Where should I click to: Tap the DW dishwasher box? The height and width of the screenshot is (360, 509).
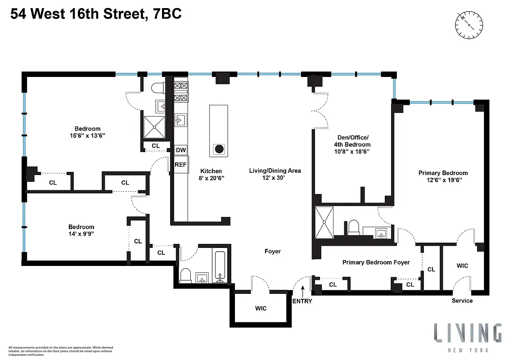pos(180,150)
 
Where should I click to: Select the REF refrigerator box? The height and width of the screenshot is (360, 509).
pos(180,164)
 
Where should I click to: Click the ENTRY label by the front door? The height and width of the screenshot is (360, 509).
pos(302,301)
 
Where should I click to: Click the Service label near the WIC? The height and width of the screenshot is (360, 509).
pos(462,301)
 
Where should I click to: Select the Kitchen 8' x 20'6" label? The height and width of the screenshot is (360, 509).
pos(211,175)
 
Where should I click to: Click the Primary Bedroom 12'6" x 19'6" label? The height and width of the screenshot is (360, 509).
pos(443,176)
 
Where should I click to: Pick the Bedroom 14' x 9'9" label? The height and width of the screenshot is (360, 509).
pos(81,230)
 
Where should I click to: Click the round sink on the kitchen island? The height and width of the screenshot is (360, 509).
pos(219,149)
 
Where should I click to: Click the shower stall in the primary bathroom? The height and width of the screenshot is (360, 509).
pos(324,222)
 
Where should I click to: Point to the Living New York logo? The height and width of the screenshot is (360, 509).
pos(468,337)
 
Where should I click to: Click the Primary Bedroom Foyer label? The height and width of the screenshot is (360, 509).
pos(376,262)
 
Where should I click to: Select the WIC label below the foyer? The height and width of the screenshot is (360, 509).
pos(261,308)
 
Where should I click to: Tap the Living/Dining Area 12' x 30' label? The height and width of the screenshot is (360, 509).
pos(275,174)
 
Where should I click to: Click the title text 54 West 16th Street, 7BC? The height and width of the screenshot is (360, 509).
pos(96,14)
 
